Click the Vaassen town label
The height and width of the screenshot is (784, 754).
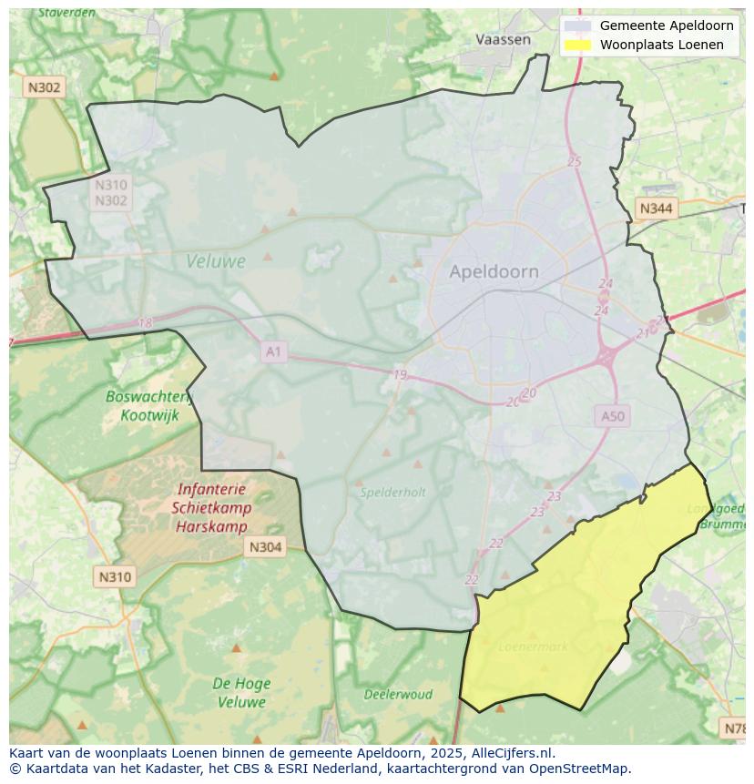click(503, 39)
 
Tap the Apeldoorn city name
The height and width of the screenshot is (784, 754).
click(494, 271)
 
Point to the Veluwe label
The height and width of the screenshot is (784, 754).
click(216, 261)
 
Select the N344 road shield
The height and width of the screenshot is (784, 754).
click(656, 209)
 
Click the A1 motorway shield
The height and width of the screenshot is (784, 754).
click(273, 351)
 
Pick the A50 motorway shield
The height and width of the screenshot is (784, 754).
click(613, 416)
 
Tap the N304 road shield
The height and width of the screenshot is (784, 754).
click(265, 547)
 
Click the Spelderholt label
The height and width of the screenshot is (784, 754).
click(392, 492)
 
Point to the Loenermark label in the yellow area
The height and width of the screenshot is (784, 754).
click(534, 647)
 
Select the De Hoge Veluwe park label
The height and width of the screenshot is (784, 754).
click(240, 693)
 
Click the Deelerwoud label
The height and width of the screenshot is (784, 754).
click(398, 694)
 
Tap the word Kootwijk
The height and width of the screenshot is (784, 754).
click(150, 415)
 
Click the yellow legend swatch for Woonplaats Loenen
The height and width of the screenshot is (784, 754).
click(577, 45)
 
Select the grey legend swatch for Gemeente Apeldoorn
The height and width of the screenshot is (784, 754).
click(577, 25)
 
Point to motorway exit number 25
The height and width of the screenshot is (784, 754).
click(574, 162)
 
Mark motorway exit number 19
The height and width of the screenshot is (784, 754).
click(400, 375)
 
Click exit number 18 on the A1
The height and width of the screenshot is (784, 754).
click(145, 323)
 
